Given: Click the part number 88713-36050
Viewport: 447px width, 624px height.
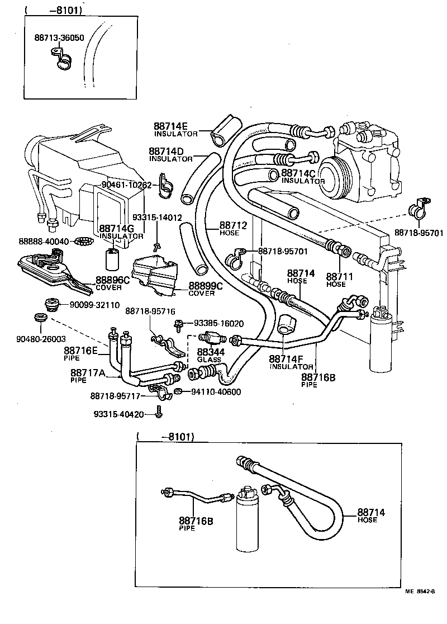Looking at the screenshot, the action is point(59,38).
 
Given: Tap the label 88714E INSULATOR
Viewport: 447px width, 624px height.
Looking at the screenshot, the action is point(176,129).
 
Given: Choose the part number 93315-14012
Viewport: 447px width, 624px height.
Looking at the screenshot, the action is point(157,217).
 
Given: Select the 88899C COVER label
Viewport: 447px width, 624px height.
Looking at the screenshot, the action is point(205,289).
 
